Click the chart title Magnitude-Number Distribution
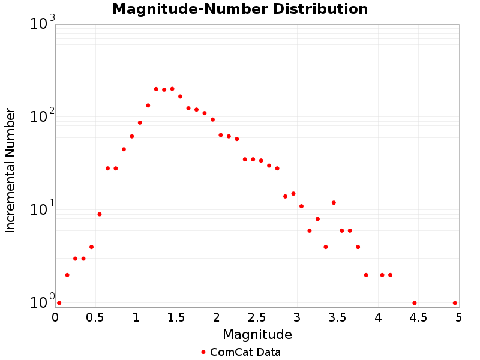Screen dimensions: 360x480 coord(240,9)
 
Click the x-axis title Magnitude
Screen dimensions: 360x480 coord(257,334)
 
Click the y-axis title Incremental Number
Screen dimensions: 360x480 coord(10,170)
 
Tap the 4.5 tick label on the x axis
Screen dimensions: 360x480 coord(418,316)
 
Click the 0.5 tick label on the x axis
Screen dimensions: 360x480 coord(95,316)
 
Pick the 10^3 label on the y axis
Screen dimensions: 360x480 coord(42,24)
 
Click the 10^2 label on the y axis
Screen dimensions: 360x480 coord(42,116)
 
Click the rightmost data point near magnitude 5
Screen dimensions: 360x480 coord(455,303)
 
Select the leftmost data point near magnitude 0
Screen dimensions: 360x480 coord(59,303)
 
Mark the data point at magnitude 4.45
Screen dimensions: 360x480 coord(415,303)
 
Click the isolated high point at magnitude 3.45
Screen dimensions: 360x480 coord(334,203)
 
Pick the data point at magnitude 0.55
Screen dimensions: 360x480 coord(100,214)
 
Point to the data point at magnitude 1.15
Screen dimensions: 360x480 coord(148,106)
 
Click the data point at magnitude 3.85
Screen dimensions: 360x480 coord(366,275)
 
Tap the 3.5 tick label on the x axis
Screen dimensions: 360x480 coord(338,316)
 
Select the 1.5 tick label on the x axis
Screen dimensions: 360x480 coord(176,316)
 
